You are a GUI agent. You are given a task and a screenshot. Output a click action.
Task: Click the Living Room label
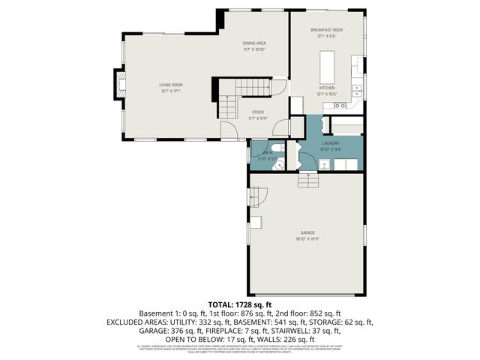[170, 85]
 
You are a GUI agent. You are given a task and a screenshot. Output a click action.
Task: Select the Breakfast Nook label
[326, 30]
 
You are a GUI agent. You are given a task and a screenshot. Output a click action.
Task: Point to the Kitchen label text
[327, 88]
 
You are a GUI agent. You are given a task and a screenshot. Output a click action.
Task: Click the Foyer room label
[258, 112]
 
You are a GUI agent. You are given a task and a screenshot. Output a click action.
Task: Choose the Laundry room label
[331, 142]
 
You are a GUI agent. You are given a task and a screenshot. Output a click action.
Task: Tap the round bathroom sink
[278, 164]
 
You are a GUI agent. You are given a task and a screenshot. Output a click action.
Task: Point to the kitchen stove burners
[329, 106]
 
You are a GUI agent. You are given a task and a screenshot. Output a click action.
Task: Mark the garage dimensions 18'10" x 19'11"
[307, 238]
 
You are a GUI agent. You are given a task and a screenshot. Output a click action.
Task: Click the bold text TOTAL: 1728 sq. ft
[240, 305]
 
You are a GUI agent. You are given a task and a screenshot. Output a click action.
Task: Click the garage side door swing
[259, 197]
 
